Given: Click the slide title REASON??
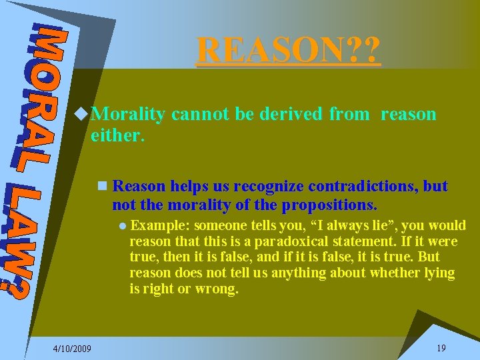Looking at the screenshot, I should (x=289, y=49).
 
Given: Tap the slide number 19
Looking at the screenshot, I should (x=441, y=348).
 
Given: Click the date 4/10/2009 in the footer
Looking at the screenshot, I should (x=73, y=349).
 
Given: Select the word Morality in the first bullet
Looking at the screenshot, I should (x=128, y=114).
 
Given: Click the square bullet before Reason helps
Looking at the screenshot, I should (x=101, y=186).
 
